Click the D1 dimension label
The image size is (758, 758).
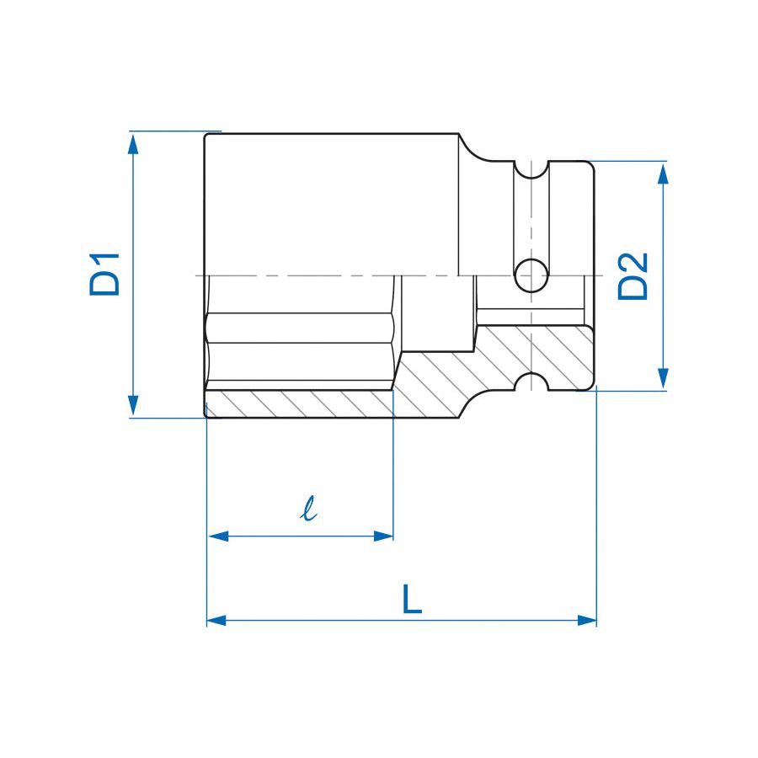pos(104,274)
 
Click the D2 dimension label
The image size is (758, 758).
pos(633,276)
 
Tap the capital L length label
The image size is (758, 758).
pos(412,599)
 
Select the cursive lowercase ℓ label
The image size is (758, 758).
pos(308,509)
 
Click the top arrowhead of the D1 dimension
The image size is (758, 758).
pos(133,144)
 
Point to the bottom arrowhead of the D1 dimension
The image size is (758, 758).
pos(133,405)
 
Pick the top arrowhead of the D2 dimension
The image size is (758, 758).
pos(664,173)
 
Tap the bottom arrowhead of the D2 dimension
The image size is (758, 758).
pos(664,378)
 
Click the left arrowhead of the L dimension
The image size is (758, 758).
pos(217,620)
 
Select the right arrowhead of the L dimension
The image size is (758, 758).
pos(586,620)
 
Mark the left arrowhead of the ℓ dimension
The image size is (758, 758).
pos(218,536)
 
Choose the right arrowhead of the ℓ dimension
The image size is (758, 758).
pos(383,536)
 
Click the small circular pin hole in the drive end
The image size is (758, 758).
pos(531,275)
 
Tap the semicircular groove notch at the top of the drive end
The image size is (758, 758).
pos(531,169)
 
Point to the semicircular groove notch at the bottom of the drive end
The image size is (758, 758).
pos(531,382)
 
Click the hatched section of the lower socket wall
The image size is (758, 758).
pos(300,403)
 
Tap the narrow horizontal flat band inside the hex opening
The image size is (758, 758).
pos(300,328)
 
